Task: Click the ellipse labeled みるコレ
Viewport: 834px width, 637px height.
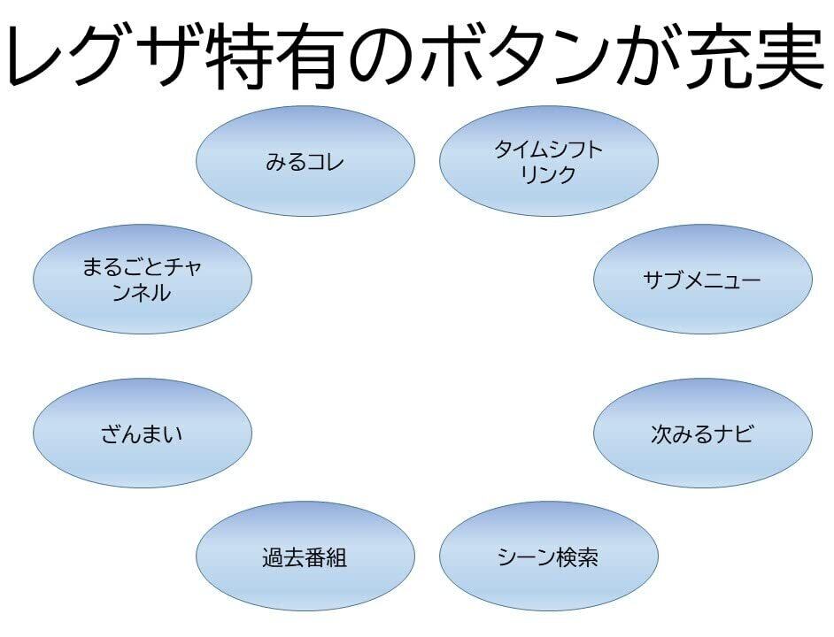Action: (305, 161)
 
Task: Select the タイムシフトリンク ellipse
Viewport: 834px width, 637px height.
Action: (549, 161)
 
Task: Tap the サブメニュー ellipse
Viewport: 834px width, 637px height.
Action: (703, 280)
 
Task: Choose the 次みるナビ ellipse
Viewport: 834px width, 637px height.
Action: (703, 434)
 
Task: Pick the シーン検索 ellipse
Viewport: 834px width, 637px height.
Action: (549, 556)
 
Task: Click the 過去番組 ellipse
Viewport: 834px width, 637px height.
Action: (305, 556)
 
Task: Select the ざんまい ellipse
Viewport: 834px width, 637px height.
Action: (143, 434)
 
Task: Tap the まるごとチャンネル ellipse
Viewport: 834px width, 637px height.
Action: (143, 280)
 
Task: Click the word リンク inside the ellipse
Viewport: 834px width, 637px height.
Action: (548, 174)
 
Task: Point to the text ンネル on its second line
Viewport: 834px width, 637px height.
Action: (142, 293)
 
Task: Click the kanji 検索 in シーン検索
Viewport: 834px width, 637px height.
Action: (577, 556)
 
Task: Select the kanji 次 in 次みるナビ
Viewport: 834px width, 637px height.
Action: (661, 434)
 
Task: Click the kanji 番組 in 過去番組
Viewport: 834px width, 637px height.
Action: (327, 557)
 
